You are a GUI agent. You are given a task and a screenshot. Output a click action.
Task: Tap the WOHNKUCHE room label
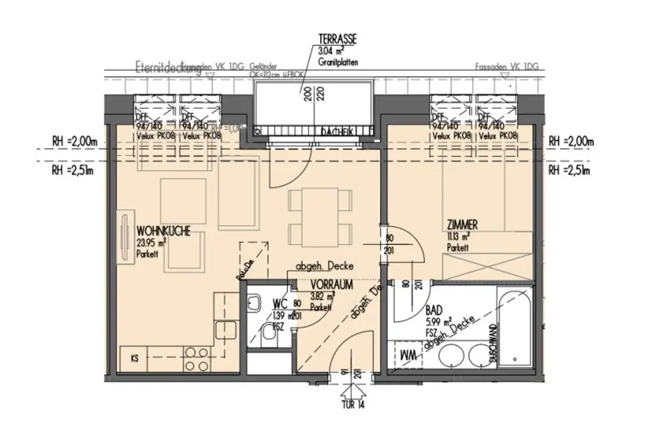pos(163,232)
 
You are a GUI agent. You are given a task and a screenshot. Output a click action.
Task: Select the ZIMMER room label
pos(461,224)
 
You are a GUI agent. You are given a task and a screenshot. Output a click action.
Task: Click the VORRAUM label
pos(331,285)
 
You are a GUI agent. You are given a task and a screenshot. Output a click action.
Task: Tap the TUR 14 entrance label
pos(351,404)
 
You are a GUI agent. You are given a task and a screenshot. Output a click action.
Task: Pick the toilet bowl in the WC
pos(268,342)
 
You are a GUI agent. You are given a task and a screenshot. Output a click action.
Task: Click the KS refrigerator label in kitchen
pos(134,358)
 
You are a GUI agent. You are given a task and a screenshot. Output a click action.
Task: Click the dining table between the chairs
pos(320,218)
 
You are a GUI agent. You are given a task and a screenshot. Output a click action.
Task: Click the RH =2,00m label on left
pos(73,141)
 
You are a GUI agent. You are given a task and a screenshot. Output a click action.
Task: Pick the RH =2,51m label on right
pos(569,170)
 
